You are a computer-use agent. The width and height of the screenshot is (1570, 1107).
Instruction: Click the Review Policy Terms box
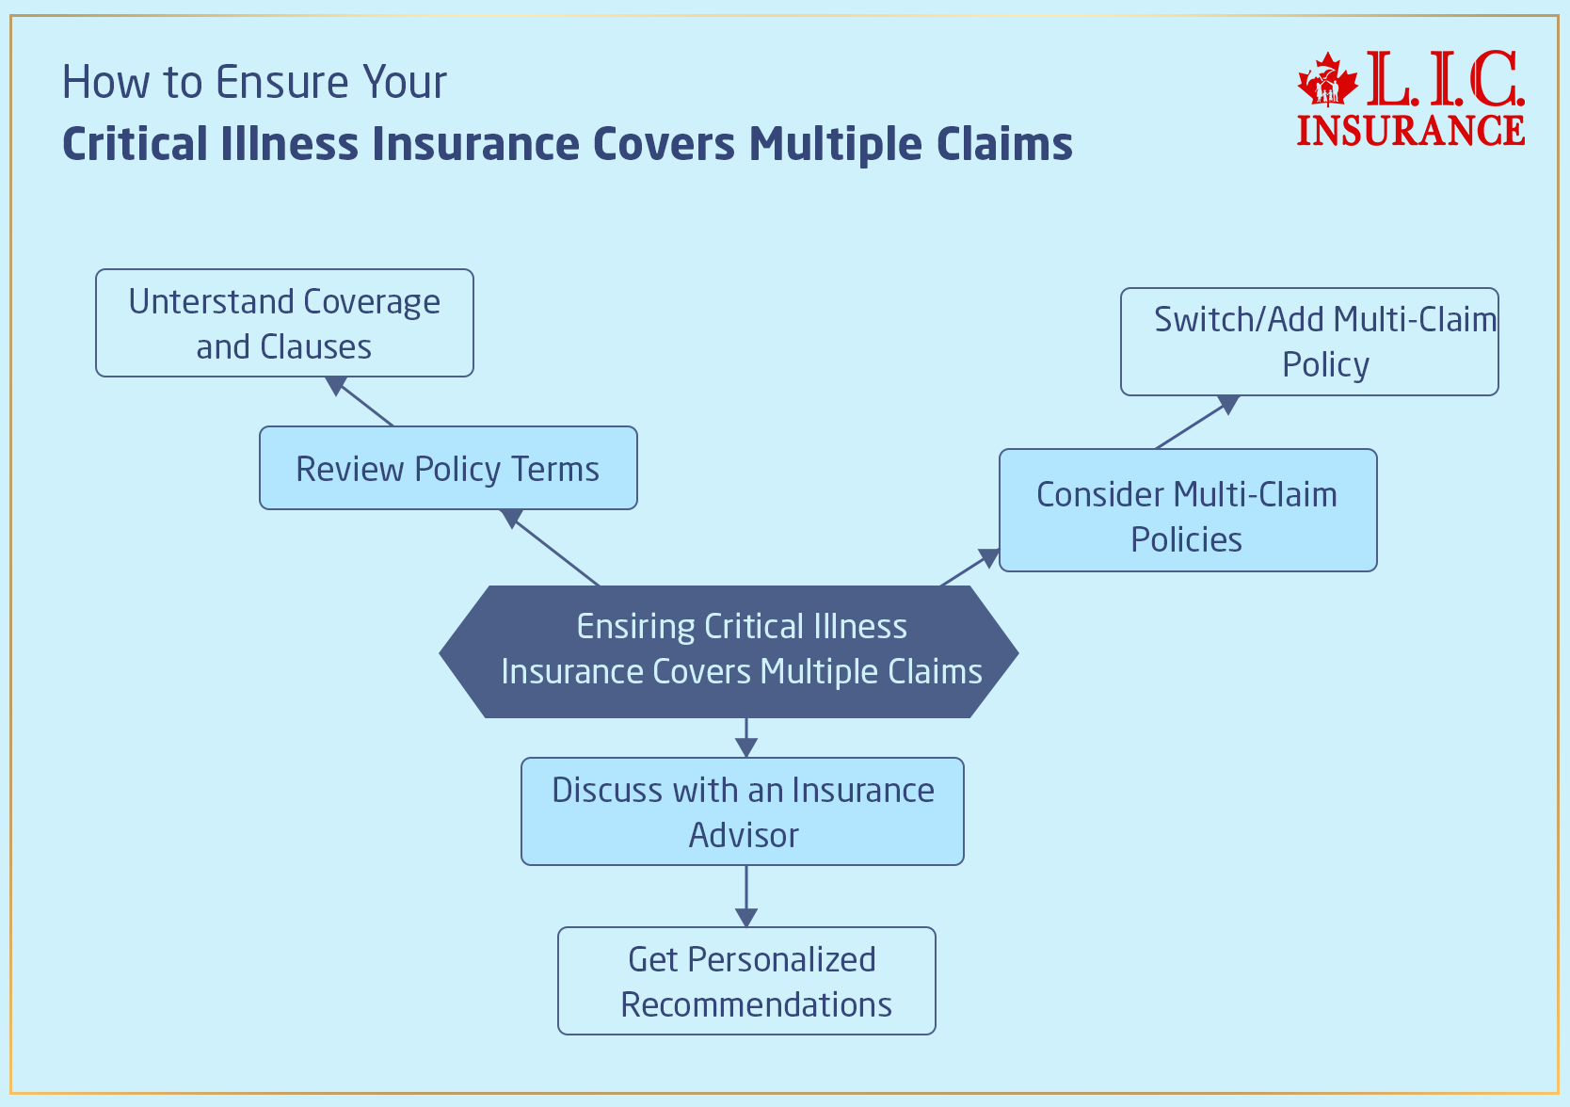pyautogui.click(x=448, y=468)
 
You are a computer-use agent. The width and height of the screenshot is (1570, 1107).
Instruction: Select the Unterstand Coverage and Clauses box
pyautogui.click(x=284, y=323)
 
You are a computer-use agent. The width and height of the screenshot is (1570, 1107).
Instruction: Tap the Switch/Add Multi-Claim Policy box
pyautogui.click(x=1308, y=342)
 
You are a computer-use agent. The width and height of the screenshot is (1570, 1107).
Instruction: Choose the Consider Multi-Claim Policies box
pyautogui.click(x=1187, y=510)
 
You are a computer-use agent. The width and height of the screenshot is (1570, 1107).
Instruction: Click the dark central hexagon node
pyautogui.click(x=729, y=651)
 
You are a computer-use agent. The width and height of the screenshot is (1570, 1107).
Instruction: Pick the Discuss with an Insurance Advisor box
pyautogui.click(x=742, y=811)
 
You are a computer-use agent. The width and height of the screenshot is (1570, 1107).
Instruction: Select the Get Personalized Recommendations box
pyautogui.click(x=746, y=981)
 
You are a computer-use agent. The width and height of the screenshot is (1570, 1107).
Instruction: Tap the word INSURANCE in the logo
pyautogui.click(x=1410, y=130)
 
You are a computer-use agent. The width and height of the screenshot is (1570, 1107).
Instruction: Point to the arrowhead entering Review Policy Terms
pyautogui.click(x=511, y=518)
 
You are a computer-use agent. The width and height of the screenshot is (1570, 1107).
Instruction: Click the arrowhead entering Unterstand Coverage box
pyautogui.click(x=335, y=385)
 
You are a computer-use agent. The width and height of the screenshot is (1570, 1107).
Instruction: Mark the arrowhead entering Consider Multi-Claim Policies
pyautogui.click(x=989, y=558)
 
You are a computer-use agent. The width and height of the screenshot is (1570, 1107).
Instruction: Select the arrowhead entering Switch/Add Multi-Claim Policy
pyautogui.click(x=1228, y=405)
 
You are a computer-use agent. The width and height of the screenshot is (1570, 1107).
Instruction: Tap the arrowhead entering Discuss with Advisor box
pyautogui.click(x=746, y=748)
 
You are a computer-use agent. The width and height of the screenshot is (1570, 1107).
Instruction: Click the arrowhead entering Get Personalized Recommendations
pyautogui.click(x=746, y=918)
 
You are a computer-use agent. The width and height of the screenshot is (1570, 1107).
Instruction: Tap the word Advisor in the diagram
pyautogui.click(x=744, y=835)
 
